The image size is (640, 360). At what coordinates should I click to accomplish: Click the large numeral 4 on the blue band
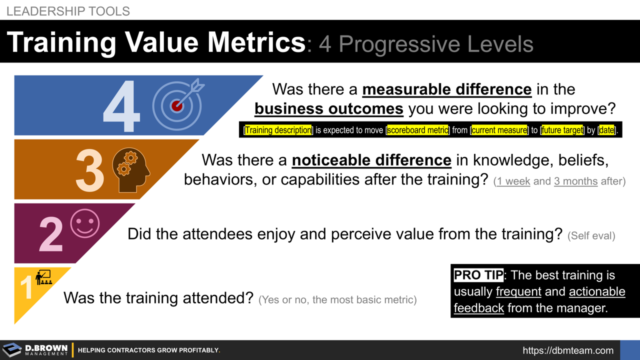[x=121, y=106]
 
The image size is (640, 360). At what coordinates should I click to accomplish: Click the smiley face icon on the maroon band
[x=84, y=223]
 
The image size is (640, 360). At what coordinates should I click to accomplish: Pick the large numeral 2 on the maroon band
[x=51, y=234]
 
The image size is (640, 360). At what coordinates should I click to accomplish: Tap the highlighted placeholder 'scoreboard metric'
[x=418, y=130]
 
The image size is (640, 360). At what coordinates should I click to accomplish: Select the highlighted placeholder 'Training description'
[x=278, y=130]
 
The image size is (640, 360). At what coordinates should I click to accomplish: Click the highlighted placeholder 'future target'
[x=562, y=130]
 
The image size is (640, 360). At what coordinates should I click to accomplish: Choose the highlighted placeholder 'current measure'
[x=499, y=130]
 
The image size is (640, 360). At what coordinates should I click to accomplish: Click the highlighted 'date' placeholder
[x=606, y=130]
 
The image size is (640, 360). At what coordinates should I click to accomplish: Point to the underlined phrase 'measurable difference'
[x=446, y=89]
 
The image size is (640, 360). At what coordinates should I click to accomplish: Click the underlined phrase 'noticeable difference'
[x=371, y=160]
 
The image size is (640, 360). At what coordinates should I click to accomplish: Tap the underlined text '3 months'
[x=575, y=181]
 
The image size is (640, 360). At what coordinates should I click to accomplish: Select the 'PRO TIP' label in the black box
[x=478, y=275]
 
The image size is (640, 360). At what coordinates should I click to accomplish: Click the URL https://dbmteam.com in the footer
[x=568, y=350]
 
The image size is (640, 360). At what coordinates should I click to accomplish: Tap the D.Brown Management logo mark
[x=12, y=350]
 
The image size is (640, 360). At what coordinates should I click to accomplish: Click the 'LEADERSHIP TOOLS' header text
[x=68, y=11]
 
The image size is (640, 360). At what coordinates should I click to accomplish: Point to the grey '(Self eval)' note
[x=591, y=235]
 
